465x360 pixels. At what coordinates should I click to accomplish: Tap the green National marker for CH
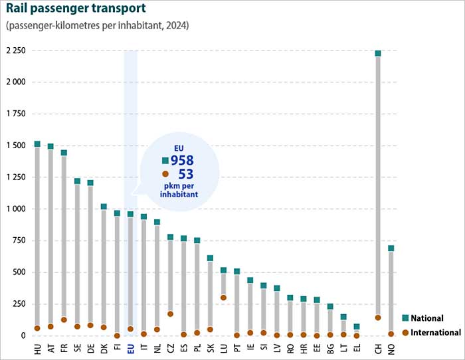378,53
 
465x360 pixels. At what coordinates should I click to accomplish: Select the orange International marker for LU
223,298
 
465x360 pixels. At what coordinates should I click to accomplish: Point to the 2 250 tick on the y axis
16,51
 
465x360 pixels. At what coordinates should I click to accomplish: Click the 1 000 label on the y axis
16,209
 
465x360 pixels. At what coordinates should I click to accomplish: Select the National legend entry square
405,318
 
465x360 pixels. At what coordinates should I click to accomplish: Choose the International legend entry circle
405,332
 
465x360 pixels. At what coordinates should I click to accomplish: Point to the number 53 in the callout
187,175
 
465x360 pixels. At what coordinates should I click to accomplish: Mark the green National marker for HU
37,144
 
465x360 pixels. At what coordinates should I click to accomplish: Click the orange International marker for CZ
170,314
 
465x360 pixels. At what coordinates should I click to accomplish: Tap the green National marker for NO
391,248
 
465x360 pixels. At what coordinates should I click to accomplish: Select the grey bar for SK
210,296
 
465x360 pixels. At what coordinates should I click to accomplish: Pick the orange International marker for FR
64,320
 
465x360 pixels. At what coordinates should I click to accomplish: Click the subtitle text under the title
97,26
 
